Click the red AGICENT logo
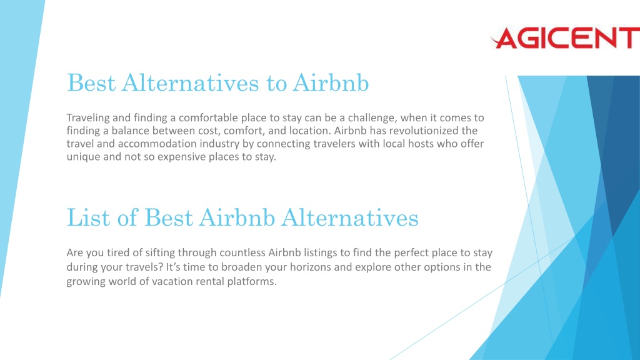pyautogui.click(x=565, y=38)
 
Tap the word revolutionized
pyautogui.click(x=422, y=131)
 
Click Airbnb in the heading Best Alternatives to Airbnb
pyautogui.click(x=331, y=82)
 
